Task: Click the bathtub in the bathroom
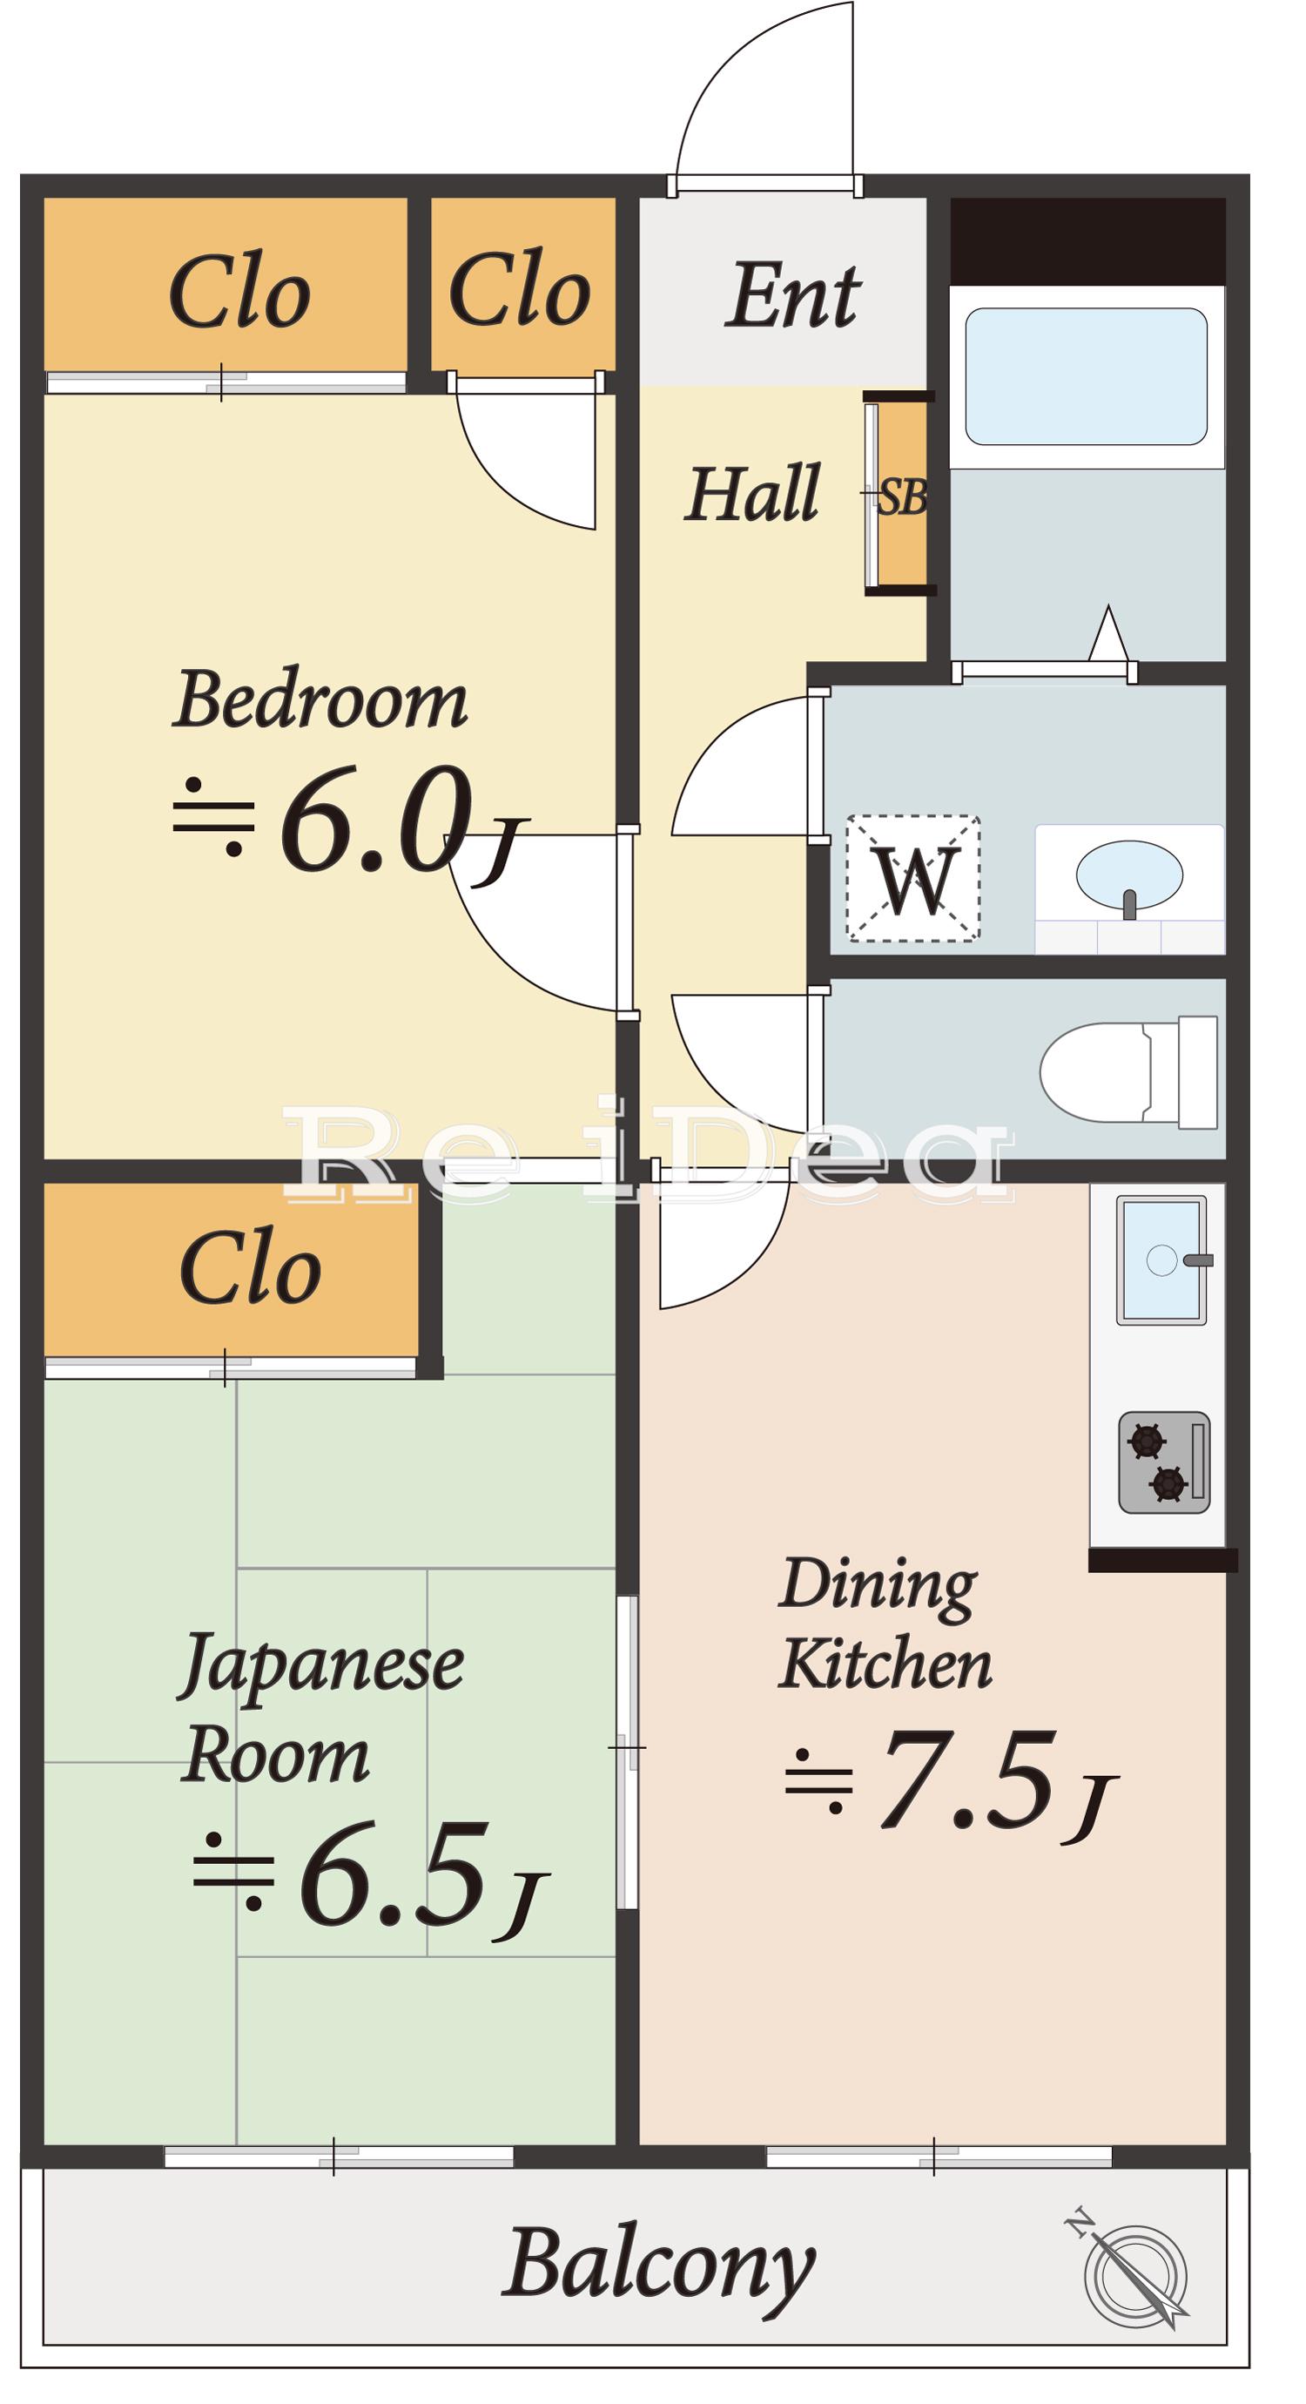1086,376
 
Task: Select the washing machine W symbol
913,878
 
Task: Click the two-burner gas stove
1164,1462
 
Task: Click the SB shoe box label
902,497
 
